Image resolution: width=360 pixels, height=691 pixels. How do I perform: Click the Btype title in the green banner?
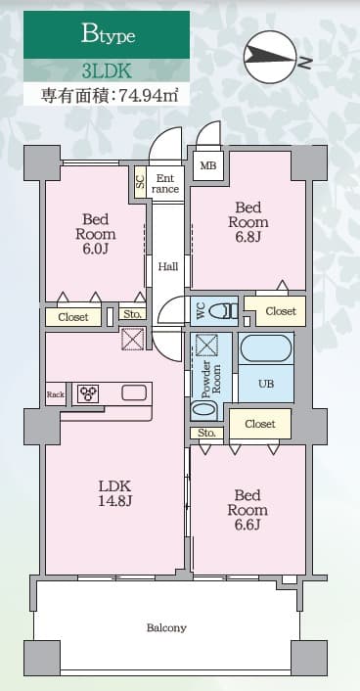[x=108, y=36]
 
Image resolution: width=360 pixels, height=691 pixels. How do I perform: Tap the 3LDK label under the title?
[x=108, y=71]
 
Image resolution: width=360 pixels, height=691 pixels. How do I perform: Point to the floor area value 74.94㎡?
[x=141, y=96]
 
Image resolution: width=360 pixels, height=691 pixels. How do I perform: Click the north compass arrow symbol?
[x=271, y=59]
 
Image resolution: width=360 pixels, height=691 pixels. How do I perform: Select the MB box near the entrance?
[x=208, y=165]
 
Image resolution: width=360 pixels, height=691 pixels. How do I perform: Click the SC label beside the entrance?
[x=140, y=180]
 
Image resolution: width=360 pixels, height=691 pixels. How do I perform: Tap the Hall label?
[x=168, y=266]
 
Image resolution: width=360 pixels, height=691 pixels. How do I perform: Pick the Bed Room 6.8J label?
[x=247, y=222]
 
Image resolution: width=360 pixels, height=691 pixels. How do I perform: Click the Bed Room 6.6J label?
[x=247, y=510]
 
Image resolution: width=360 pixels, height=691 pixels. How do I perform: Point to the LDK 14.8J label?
[x=113, y=493]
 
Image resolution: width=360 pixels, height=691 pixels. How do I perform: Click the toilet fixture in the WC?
[x=224, y=311]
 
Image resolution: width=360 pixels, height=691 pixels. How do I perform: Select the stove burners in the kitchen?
[x=89, y=393]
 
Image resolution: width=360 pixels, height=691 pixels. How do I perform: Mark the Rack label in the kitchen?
[x=55, y=394]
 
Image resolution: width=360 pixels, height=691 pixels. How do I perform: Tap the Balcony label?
[x=166, y=627]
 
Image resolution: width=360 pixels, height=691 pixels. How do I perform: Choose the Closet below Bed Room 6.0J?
[x=72, y=317]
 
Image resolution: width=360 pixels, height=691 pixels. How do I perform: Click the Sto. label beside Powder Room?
[x=205, y=432]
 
